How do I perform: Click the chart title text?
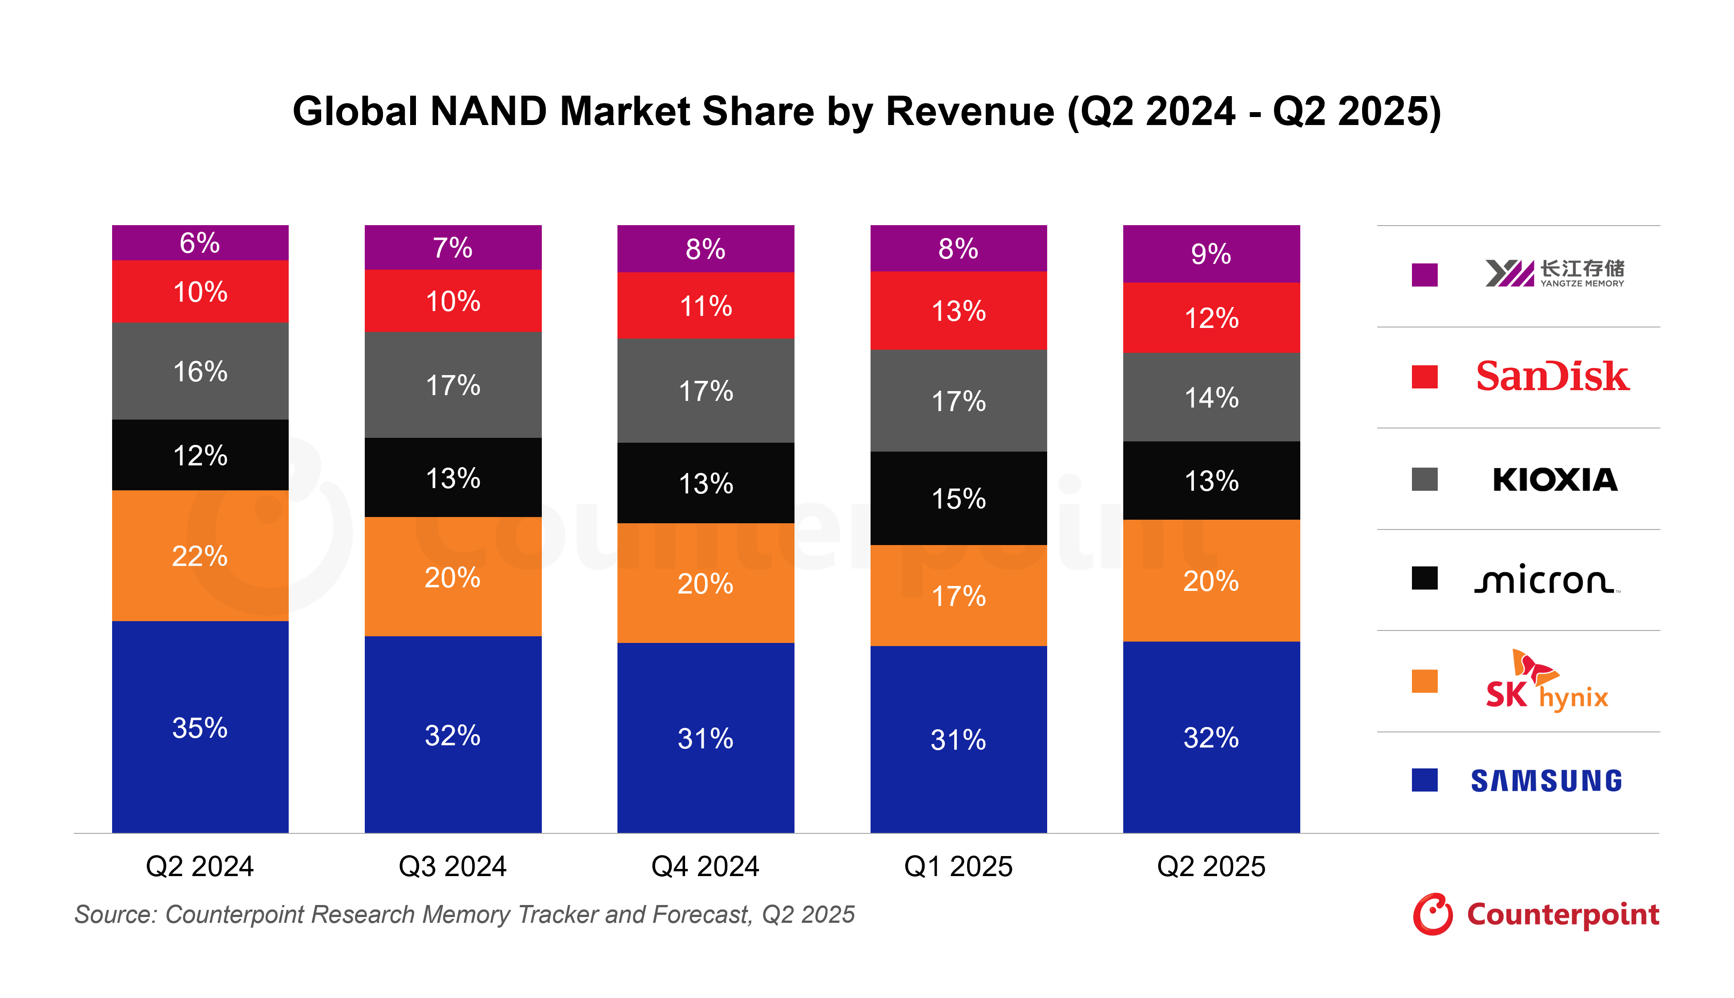867,111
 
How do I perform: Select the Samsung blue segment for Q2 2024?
200,727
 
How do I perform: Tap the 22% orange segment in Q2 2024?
200,555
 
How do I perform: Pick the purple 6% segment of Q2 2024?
200,242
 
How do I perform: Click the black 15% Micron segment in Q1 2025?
959,498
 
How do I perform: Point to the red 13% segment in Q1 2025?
959,311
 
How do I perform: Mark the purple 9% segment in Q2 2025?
1211,254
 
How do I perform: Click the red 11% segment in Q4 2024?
706,306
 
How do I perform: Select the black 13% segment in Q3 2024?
453,478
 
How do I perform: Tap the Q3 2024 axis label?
453,866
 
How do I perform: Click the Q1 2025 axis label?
959,866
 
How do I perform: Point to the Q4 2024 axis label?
706,866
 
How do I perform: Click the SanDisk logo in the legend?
1553,376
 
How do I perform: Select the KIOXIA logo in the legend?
1554,479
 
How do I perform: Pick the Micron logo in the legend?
1546,580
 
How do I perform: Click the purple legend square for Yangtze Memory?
1424,275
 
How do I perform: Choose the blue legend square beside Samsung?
1424,780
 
